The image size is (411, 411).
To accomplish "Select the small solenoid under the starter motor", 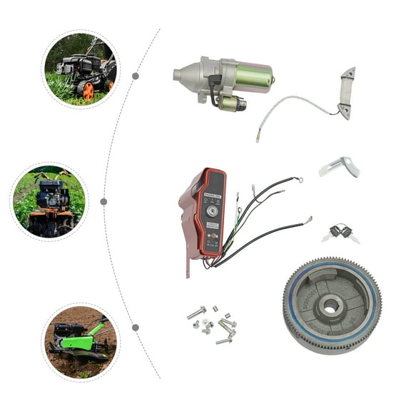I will pyautogui.click(x=231, y=103).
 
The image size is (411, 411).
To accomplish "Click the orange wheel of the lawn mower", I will pyautogui.click(x=88, y=91).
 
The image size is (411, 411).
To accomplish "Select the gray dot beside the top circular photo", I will pyautogui.click(x=136, y=76).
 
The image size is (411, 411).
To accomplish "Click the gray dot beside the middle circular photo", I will pyautogui.click(x=103, y=202).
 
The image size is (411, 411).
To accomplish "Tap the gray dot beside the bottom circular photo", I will pyautogui.click(x=136, y=328).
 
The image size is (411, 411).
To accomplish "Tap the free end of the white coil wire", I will pyautogui.click(x=258, y=138).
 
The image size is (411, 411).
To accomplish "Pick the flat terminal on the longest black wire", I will pyautogui.click(x=308, y=220).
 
